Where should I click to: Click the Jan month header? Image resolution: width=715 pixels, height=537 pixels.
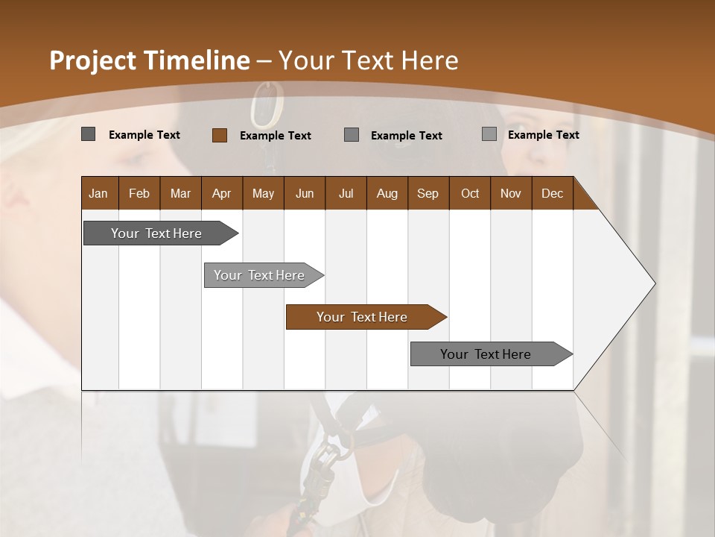coord(98,193)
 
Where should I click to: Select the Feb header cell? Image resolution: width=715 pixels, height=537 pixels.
coord(139,193)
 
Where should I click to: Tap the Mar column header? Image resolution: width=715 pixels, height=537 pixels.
coord(180,193)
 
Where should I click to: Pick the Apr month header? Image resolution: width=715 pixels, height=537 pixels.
coord(221,193)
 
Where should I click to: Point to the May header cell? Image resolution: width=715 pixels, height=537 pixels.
coord(263,193)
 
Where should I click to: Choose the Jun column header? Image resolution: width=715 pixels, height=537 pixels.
coord(305,193)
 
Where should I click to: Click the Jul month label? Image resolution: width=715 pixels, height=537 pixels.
coord(346,193)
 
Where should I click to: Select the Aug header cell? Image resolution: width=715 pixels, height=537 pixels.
coord(387,193)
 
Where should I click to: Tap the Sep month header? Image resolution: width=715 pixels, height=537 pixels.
coord(428,193)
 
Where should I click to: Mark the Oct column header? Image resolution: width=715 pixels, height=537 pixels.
coord(470,193)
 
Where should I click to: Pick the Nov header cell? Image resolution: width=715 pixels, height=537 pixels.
coord(511,193)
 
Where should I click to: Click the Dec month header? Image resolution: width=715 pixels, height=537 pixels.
coord(552,193)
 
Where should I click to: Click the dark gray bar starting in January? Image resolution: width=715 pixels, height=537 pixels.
coord(156,233)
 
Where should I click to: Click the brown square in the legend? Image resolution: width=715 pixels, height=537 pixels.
coord(220,135)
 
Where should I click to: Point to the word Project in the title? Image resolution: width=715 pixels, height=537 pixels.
coord(92,60)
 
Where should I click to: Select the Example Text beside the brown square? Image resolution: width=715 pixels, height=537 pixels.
coord(276,136)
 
